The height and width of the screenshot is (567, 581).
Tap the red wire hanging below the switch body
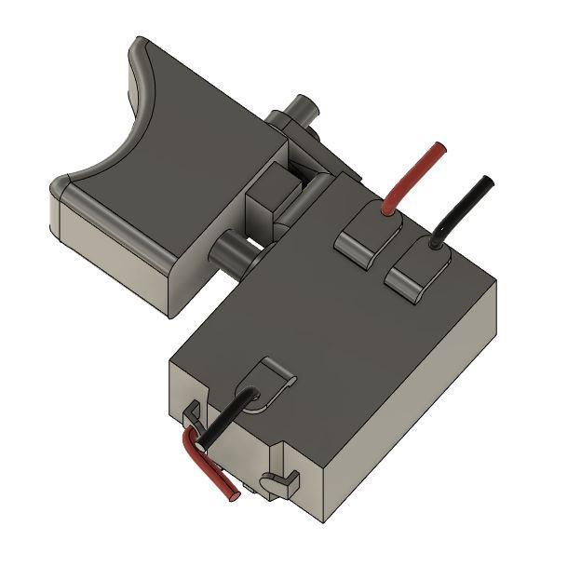coord(209,466)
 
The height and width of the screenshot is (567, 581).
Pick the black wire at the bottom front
coord(223,419)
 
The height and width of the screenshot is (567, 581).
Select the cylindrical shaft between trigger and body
coord(233,251)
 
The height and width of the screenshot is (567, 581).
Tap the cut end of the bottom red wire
coord(233,493)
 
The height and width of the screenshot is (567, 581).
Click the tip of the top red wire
coord(439,147)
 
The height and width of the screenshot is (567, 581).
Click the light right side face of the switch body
coord(410,410)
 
